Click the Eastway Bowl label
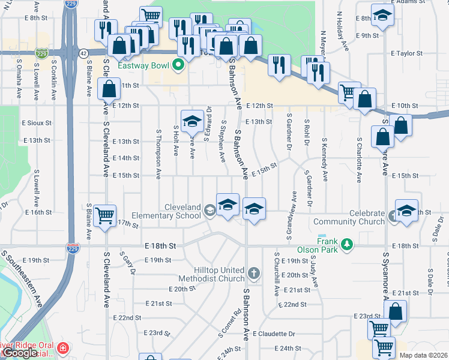146,65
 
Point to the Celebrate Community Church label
349,217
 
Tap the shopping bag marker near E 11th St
109,89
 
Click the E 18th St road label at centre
160,246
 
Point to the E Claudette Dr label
274,334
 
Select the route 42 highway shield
83,54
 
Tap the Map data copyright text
424,355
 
